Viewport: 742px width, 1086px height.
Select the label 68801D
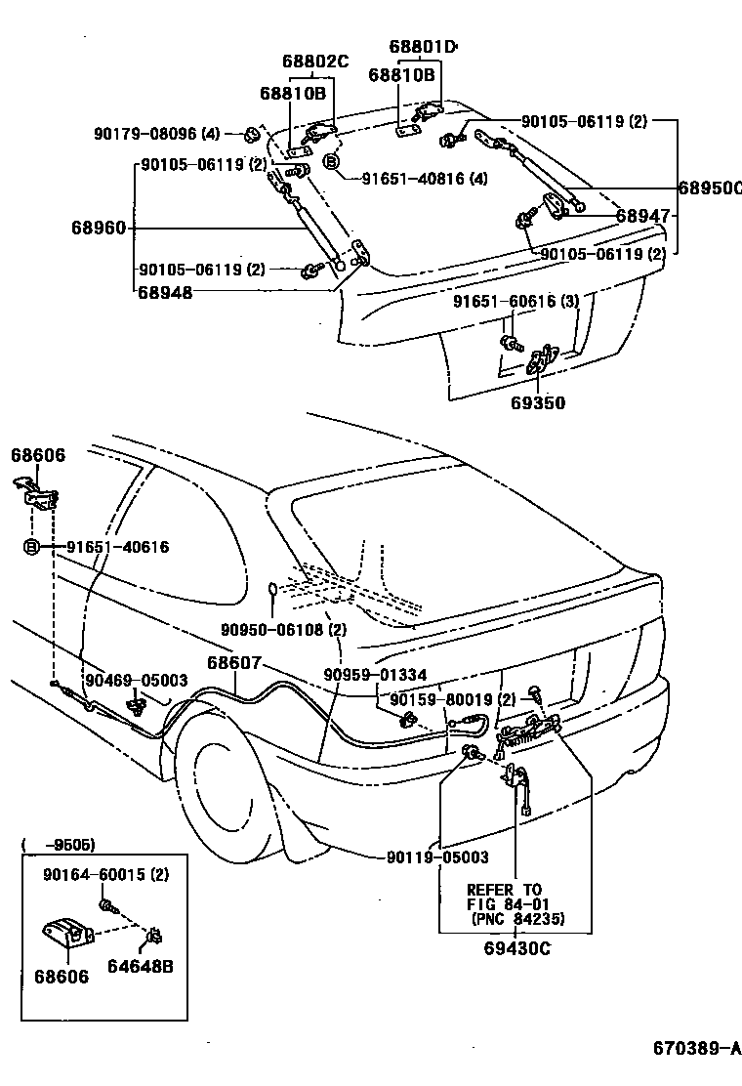tap(423, 46)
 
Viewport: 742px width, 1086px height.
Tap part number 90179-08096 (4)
tap(157, 134)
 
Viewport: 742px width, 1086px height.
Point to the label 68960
tap(98, 229)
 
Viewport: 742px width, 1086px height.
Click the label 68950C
tap(711, 187)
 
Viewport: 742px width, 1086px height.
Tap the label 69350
tap(536, 402)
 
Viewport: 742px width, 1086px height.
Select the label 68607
tap(233, 662)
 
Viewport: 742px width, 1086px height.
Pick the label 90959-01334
tap(375, 675)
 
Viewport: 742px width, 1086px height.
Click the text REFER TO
tap(504, 890)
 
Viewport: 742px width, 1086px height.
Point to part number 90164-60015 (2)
tap(105, 874)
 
